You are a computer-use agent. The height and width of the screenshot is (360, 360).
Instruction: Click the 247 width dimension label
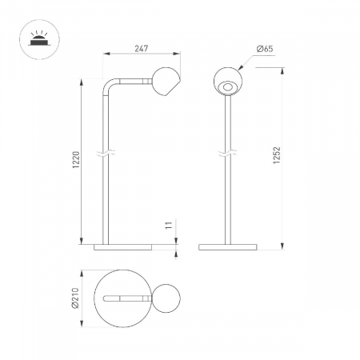pyautogui.click(x=141, y=49)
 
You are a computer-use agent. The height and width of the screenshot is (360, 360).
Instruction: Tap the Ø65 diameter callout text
pyautogui.click(x=265, y=49)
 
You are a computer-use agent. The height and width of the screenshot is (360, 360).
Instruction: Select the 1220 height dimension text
pyautogui.click(x=76, y=160)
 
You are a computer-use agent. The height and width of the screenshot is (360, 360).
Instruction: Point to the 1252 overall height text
pyautogui.click(x=277, y=155)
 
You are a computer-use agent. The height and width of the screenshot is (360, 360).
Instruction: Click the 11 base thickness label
pyautogui.click(x=169, y=225)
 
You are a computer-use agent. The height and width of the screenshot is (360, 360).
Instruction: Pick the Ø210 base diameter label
pyautogui.click(x=75, y=298)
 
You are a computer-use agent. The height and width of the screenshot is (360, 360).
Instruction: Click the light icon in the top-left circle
pyautogui.click(x=39, y=40)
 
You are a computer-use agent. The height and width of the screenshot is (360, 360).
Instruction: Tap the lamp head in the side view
pyautogui.click(x=166, y=82)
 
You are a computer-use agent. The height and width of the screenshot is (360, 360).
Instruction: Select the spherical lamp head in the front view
pyautogui.click(x=228, y=81)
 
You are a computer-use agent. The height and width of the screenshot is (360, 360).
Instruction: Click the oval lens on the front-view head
pyautogui.click(x=227, y=87)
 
